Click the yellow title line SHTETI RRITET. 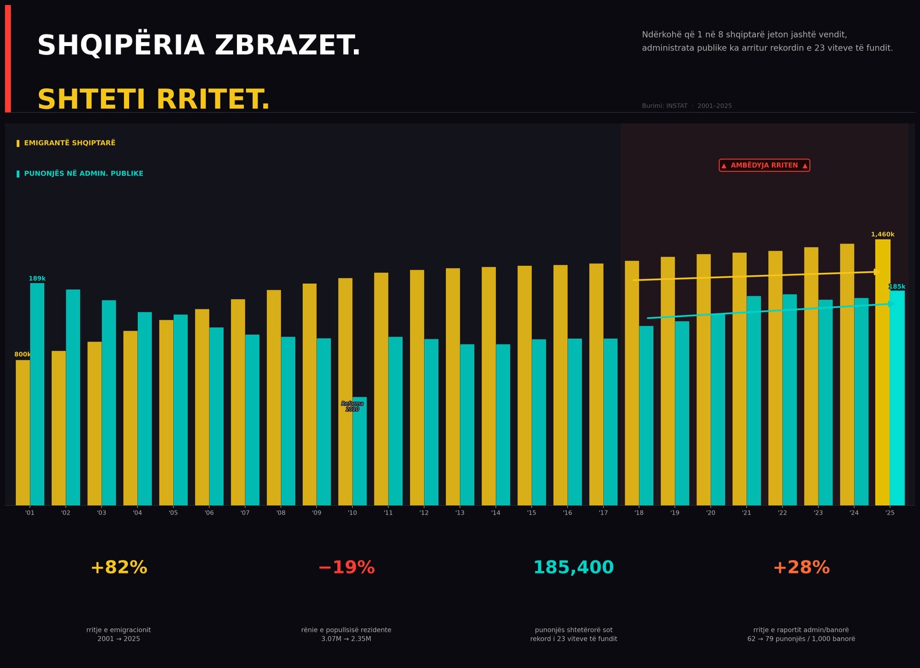click(153, 100)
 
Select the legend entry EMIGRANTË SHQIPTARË click(69, 143)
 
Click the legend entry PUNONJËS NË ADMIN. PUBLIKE click(83, 174)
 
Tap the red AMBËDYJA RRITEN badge click(764, 166)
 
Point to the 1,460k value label click(882, 235)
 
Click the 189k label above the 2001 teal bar click(37, 279)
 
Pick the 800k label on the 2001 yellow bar click(22, 355)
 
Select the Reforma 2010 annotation click(352, 407)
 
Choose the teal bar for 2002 click(73, 396)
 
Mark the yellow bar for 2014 click(489, 384)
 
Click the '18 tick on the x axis click(639, 513)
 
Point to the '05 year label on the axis click(173, 513)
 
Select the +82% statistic click(119, 568)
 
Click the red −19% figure click(346, 568)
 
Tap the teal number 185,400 click(574, 568)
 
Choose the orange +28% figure click(801, 568)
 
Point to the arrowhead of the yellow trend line click(877, 272)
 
